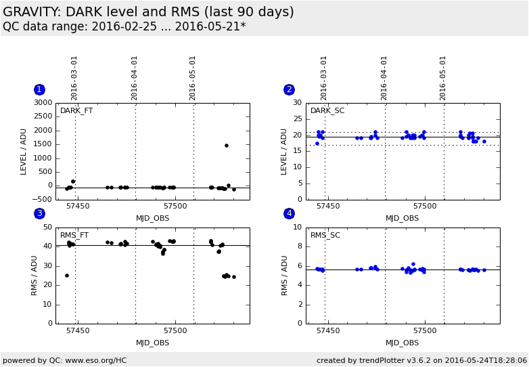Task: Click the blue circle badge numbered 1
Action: [39, 89]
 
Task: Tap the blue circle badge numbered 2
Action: [289, 89]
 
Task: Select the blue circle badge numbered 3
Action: [39, 213]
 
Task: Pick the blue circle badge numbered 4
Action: [289, 213]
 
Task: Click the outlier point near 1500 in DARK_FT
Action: [227, 146]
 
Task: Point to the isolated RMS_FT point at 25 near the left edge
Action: [67, 276]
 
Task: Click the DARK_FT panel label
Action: [76, 111]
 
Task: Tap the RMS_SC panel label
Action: [325, 236]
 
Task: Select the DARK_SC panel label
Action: [327, 111]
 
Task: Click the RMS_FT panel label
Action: [74, 236]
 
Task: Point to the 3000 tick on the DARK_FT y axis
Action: [43, 103]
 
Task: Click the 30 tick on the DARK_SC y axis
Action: [297, 103]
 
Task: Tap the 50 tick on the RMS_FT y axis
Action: [47, 228]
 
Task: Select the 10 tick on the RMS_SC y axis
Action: [297, 228]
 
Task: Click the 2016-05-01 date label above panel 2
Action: [443, 78]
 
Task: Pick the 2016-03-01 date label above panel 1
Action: [74, 78]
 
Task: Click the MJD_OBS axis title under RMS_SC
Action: [402, 343]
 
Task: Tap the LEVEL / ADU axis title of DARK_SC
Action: [284, 151]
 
